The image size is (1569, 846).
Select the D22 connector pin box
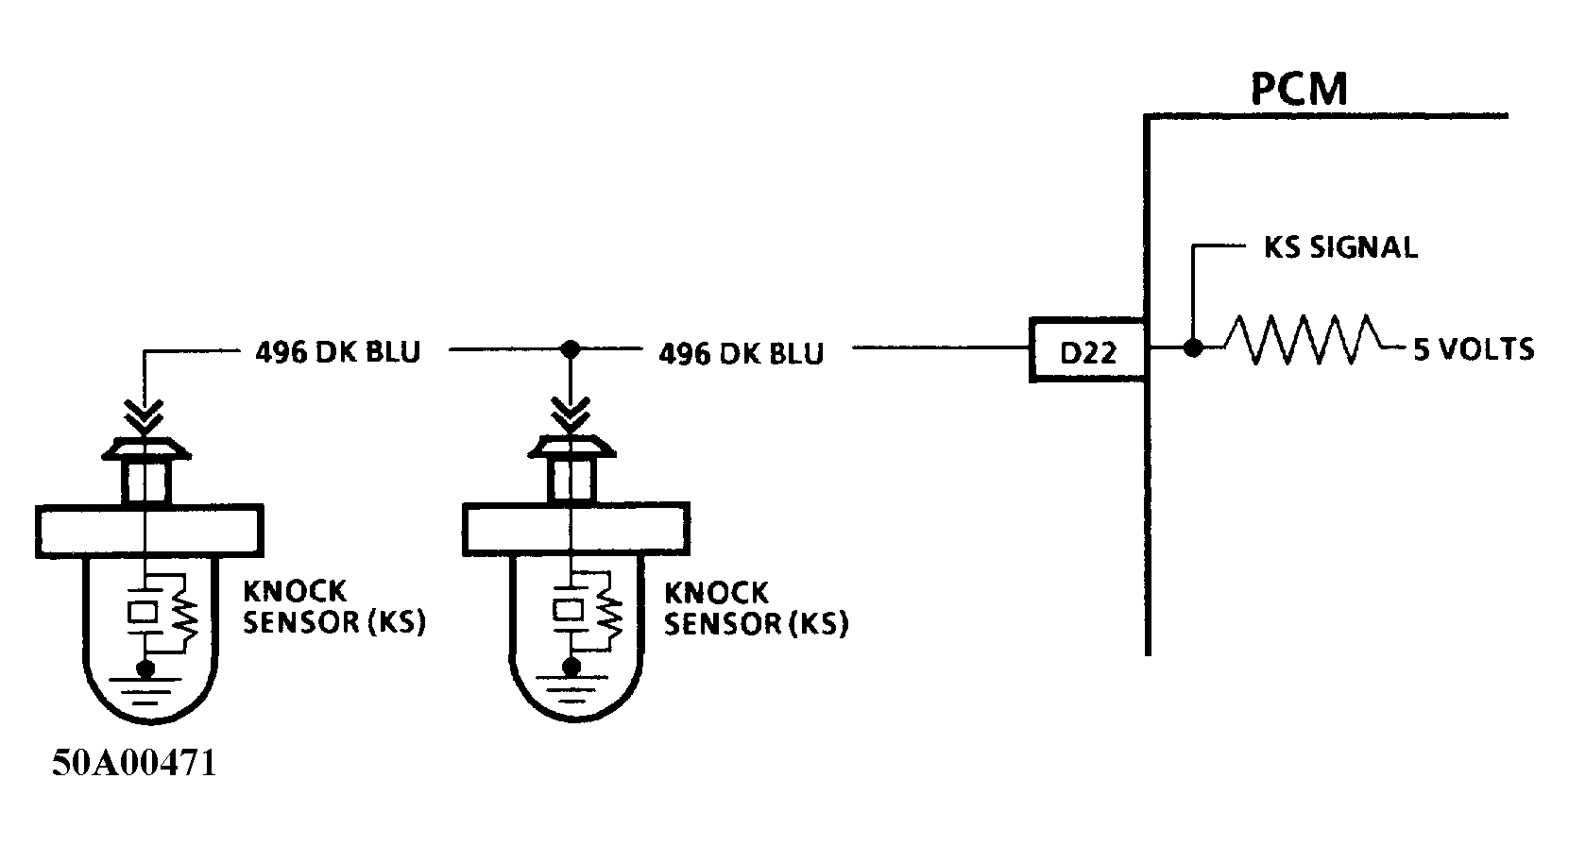(1088, 350)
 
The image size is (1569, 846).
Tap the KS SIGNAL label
(1340, 248)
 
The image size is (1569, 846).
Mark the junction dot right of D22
(1193, 348)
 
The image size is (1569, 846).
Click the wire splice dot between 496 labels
(570, 349)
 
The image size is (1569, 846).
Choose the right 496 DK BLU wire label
(741, 353)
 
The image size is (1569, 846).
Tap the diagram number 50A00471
(133, 763)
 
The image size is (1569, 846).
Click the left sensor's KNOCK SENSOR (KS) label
(333, 607)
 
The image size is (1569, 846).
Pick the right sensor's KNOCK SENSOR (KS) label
(755, 608)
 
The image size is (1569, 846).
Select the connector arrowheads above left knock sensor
(145, 415)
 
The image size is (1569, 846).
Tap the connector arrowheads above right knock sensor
(570, 415)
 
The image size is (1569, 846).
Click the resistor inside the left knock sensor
(184, 618)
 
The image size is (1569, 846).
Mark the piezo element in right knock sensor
(570, 611)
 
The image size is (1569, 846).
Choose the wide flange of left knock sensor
(148, 530)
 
